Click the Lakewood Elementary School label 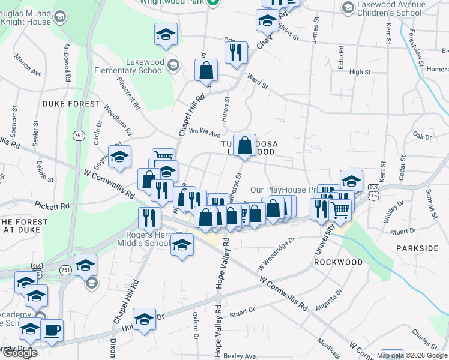pyautogui.click(x=128, y=66)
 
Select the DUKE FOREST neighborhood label pyautogui.click(x=71, y=104)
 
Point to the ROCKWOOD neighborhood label pyautogui.click(x=339, y=262)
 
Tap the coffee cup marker pyautogui.click(x=52, y=329)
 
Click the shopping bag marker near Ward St pyautogui.click(x=206, y=70)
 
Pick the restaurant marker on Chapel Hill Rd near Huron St pyautogui.click(x=236, y=52)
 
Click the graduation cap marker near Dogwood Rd pyautogui.click(x=120, y=157)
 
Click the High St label pyautogui.click(x=360, y=72)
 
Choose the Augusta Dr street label pyautogui.click(x=331, y=298)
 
